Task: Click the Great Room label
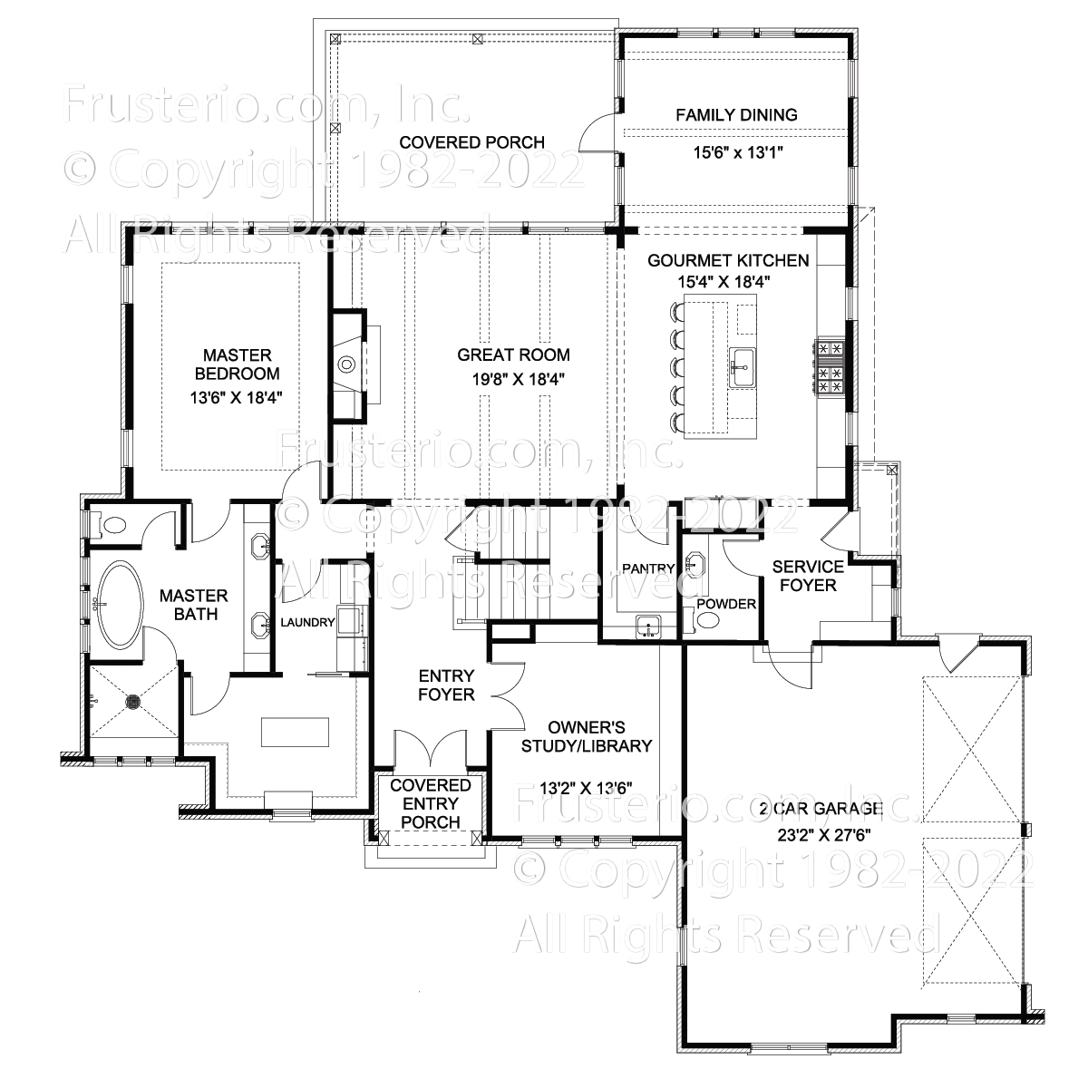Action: (513, 355)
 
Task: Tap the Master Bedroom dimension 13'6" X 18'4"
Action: (236, 397)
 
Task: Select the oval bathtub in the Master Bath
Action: (118, 604)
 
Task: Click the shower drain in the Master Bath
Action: (134, 701)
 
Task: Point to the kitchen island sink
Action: (744, 367)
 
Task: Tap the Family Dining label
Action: (737, 114)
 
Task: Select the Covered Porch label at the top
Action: (471, 142)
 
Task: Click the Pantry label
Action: (648, 568)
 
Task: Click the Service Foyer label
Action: (808, 576)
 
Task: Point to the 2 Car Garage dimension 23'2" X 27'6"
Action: (824, 835)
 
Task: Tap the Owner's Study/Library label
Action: (586, 736)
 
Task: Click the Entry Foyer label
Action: (446, 685)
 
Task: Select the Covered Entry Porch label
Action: (431, 803)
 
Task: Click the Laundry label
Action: (307, 622)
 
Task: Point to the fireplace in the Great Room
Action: (349, 365)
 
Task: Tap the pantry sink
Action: (648, 627)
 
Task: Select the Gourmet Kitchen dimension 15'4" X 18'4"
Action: (724, 281)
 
